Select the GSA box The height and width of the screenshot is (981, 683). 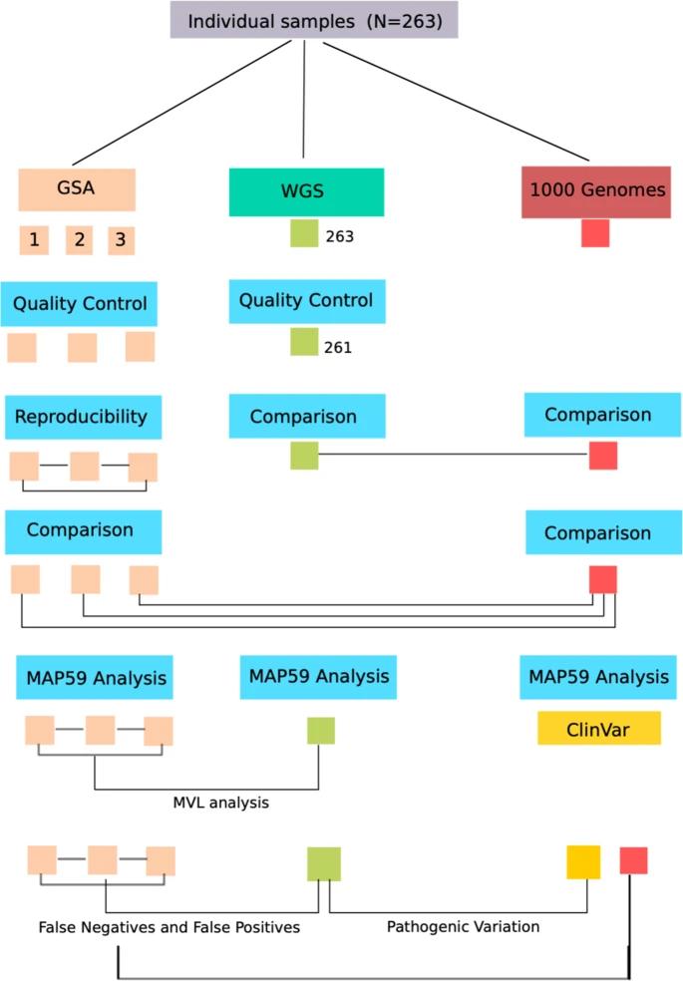pyautogui.click(x=77, y=188)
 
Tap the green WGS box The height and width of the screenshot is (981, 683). pyautogui.click(x=306, y=192)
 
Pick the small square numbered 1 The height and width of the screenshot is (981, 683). pyautogui.click(x=34, y=240)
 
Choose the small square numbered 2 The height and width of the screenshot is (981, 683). pyautogui.click(x=80, y=240)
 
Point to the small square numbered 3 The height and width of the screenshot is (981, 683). pyautogui.click(x=121, y=240)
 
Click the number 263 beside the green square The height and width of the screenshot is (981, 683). pyautogui.click(x=340, y=237)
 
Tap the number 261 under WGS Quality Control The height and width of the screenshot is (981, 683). pyautogui.click(x=338, y=348)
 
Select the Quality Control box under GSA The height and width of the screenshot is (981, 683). pyautogui.click(x=80, y=303)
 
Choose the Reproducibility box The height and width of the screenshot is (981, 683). pyautogui.click(x=83, y=416)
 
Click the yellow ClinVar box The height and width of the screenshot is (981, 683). pyautogui.click(x=598, y=728)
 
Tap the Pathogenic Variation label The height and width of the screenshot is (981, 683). pyautogui.click(x=463, y=926)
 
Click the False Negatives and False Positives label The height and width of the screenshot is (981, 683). pyautogui.click(x=170, y=927)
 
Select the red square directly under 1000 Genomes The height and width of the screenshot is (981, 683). pyautogui.click(x=595, y=233)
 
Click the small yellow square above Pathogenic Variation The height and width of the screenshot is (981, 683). pyautogui.click(x=583, y=861)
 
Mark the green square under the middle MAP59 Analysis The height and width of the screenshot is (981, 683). pyautogui.click(x=320, y=731)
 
